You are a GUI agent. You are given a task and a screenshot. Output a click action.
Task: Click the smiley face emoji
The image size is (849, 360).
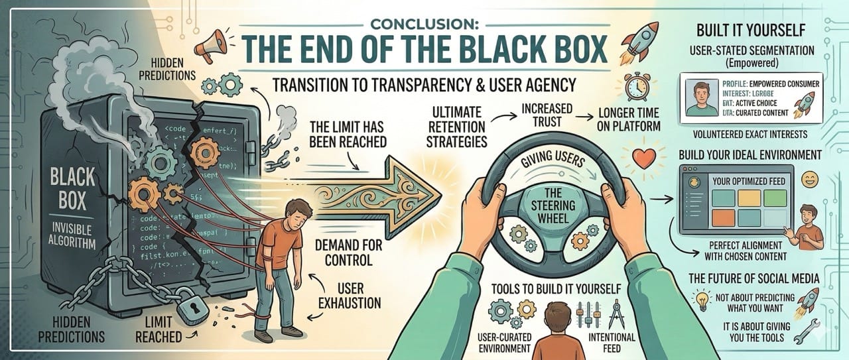(x=809, y=178)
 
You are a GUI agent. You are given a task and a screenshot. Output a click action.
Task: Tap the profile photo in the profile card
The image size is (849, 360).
(x=702, y=98)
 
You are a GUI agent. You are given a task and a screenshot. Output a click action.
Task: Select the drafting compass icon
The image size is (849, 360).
(x=614, y=313)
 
